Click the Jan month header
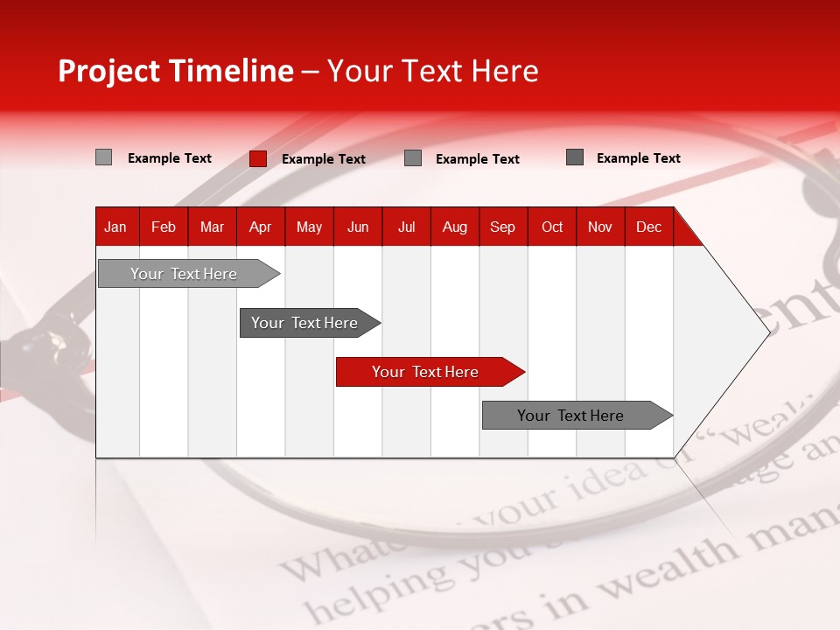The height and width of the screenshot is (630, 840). pos(115,227)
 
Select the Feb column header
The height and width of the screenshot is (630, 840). pos(164,227)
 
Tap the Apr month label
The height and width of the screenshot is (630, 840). pos(260,227)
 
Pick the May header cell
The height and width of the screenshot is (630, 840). pos(309,227)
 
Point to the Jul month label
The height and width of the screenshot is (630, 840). pos(406,227)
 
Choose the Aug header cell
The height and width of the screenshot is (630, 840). pos(455,227)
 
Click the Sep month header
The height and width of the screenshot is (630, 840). pos(502,227)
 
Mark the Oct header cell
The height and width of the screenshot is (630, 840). pos(552,227)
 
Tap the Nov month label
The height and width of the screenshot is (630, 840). pos(600,227)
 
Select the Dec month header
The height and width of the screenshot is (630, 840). pos(648,227)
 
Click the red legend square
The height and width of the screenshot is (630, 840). pos(258,158)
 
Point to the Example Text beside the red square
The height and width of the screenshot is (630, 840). pos(324,159)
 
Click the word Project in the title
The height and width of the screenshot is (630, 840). pos(109,71)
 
